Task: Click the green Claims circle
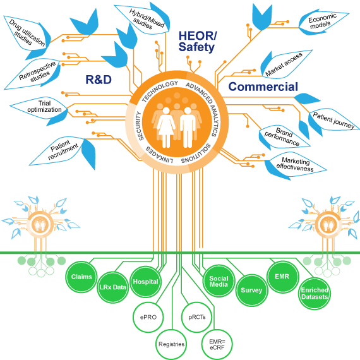tap(81, 277)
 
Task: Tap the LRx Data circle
tap(112, 287)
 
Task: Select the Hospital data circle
tap(145, 282)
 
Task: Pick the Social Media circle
tap(219, 281)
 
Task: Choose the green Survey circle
tap(251, 290)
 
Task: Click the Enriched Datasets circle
tap(315, 294)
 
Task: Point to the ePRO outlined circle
tap(148, 317)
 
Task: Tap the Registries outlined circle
tap(171, 344)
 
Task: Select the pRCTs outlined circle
tap(197, 317)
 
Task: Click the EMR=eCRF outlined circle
tap(217, 344)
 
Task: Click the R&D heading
tap(99, 80)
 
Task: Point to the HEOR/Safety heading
tap(197, 42)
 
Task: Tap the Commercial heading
tap(263, 87)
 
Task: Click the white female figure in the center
tap(166, 127)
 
